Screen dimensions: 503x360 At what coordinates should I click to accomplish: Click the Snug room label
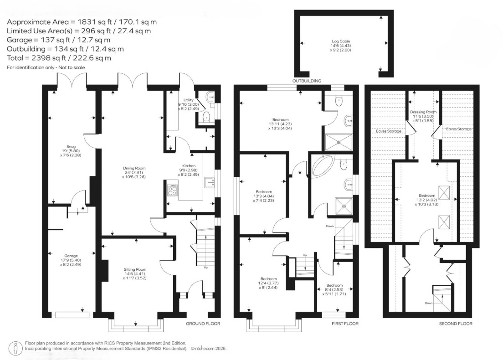71,147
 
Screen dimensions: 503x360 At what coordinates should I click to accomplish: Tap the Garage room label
71,256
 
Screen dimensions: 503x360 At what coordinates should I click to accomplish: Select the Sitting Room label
135,269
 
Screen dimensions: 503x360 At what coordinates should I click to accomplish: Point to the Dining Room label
134,168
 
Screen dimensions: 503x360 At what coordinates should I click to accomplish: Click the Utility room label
188,100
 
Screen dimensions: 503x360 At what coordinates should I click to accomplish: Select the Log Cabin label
341,41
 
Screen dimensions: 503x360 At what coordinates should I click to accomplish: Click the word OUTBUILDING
306,81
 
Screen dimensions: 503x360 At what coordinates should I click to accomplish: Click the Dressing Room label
423,112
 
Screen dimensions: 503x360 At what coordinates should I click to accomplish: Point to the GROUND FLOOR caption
203,324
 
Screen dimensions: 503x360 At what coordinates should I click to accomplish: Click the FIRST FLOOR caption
345,324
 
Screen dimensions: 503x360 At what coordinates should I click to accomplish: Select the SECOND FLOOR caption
456,324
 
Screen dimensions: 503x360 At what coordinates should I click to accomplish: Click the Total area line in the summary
59,58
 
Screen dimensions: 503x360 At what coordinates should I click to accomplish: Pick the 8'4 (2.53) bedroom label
334,289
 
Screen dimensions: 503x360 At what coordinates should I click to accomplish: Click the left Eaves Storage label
389,131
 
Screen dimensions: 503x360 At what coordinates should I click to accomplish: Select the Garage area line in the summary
58,40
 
